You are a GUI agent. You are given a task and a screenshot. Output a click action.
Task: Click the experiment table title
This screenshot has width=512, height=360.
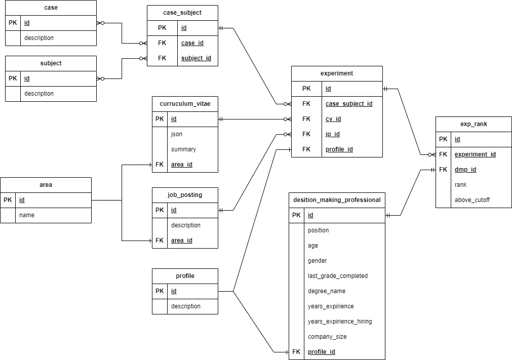337,73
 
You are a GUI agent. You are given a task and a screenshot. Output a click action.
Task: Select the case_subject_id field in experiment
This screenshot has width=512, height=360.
349,104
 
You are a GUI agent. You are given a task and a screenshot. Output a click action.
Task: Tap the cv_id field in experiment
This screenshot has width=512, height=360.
333,119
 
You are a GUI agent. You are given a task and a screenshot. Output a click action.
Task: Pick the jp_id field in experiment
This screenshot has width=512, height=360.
332,134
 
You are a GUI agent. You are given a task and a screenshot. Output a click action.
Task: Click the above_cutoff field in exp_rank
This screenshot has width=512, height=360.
472,200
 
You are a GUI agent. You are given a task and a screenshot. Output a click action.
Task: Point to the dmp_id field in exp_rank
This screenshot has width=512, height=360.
465,170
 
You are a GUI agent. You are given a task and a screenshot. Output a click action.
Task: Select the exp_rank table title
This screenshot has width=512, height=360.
474,124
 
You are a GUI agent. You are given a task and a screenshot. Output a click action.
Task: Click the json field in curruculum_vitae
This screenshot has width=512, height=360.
177,134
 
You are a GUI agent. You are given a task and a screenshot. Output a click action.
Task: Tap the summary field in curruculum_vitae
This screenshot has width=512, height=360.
183,149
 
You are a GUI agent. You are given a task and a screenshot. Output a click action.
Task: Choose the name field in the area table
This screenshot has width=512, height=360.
27,215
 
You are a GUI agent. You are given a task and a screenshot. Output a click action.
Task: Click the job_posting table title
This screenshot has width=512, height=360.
185,195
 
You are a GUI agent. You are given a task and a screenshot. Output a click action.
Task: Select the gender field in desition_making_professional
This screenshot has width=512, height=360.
317,261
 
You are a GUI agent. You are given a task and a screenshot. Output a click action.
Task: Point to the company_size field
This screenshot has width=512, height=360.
327,337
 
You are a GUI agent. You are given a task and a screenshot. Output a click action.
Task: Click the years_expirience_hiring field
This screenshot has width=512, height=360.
340,322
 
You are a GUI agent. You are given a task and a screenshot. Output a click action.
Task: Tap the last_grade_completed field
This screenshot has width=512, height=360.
338,276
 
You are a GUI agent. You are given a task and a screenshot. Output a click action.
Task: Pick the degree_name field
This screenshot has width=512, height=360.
327,291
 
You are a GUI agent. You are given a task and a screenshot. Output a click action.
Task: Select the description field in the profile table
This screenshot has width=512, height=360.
186,306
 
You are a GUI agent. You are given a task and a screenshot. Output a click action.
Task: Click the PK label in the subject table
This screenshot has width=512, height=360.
13,78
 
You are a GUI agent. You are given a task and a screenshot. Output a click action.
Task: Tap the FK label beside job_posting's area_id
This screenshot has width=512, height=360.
160,241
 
